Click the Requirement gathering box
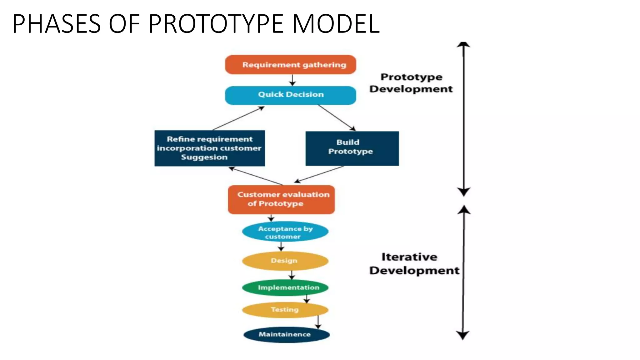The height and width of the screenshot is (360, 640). click(x=290, y=65)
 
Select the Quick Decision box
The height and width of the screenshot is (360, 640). click(x=290, y=95)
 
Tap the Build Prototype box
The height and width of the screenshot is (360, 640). click(x=352, y=148)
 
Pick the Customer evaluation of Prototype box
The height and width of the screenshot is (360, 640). click(x=281, y=199)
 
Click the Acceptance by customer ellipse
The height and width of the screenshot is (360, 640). click(x=285, y=232)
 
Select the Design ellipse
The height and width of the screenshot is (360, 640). click(x=285, y=261)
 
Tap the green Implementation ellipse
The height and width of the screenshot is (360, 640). click(x=285, y=287)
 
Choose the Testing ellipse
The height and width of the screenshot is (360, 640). click(x=285, y=310)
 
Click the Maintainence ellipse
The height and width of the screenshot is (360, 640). click(x=286, y=334)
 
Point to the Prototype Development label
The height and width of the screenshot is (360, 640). click(x=411, y=83)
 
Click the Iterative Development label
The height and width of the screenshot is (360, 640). click(x=414, y=264)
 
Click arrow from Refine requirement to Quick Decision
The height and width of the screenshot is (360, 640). click(x=238, y=118)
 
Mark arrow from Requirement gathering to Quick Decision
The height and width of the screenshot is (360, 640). click(x=292, y=80)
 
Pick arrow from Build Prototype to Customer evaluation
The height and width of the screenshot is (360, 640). click(x=319, y=174)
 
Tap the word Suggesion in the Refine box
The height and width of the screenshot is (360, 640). click(x=204, y=157)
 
